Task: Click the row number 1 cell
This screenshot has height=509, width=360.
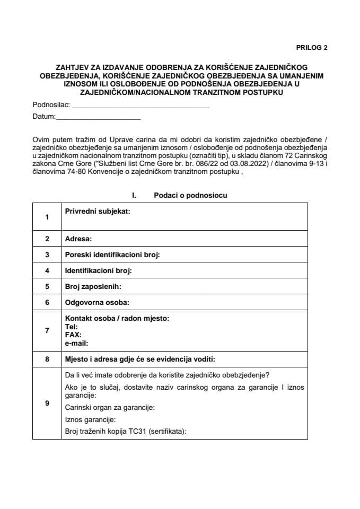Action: point(47,217)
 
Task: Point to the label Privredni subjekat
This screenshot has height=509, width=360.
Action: point(98,211)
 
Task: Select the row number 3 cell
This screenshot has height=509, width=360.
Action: point(47,255)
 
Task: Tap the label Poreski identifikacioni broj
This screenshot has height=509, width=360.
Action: point(112,255)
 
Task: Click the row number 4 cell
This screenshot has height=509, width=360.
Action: point(47,271)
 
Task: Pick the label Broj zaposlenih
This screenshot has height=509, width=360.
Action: point(93,287)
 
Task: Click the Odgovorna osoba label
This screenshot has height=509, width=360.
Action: point(97,303)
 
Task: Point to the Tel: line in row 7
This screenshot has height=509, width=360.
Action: point(71,327)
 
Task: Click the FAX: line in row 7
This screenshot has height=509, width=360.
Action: point(73,335)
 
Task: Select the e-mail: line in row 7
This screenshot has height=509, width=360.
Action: point(76,343)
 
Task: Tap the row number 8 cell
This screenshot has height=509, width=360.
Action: point(47,359)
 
